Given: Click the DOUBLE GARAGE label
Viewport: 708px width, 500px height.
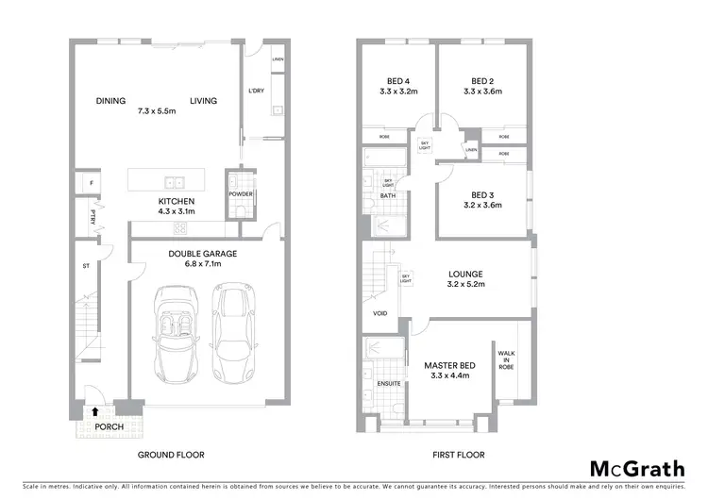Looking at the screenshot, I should [202, 253].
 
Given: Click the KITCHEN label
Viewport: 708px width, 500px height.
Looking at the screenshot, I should [176, 202].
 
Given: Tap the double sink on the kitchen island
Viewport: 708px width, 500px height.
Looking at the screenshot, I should [175, 183].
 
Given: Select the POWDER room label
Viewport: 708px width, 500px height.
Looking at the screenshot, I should [240, 197].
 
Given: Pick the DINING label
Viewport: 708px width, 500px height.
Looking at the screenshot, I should [110, 101].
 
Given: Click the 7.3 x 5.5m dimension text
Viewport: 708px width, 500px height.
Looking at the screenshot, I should [157, 110].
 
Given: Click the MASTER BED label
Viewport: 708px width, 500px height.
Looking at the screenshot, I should [449, 365].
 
